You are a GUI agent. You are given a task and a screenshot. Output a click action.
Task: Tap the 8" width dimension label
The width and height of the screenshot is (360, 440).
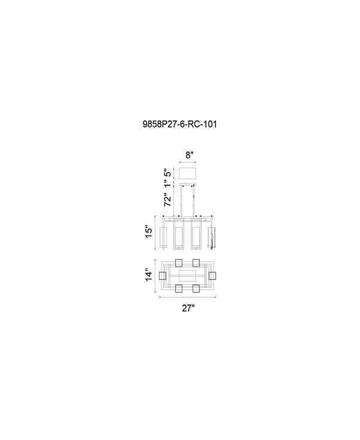tap(189, 155)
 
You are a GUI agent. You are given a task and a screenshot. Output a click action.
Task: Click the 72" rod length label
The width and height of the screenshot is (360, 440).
tap(169, 200)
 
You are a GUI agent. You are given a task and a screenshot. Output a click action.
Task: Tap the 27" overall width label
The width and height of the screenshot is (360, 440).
tap(188, 308)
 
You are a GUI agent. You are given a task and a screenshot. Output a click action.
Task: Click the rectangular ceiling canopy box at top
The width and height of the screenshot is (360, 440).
tap(189, 174)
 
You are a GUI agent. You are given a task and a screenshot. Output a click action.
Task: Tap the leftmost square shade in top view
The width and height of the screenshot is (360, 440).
tap(162, 276)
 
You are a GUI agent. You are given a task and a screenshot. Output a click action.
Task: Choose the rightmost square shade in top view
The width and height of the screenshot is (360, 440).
tap(213, 276)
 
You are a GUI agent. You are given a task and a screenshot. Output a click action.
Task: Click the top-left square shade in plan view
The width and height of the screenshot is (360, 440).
tap(179, 263)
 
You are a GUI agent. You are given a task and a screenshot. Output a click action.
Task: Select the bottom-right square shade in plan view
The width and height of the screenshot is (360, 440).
tap(196, 288)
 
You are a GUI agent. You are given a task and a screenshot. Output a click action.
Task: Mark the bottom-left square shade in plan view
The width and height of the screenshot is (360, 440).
tap(179, 288)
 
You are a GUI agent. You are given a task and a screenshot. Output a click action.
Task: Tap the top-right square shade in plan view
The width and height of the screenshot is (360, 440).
tap(196, 263)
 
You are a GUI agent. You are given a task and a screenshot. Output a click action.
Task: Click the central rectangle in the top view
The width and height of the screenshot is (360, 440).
tap(187, 276)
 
